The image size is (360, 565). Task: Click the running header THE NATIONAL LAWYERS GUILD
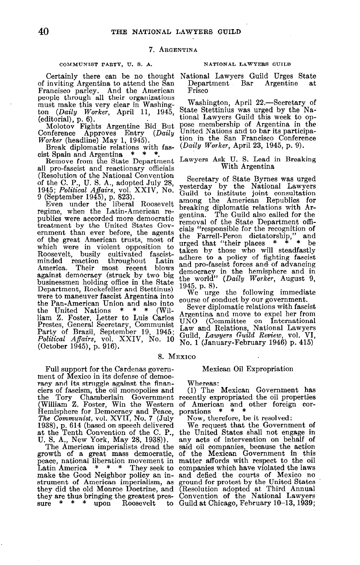point(176,31)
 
